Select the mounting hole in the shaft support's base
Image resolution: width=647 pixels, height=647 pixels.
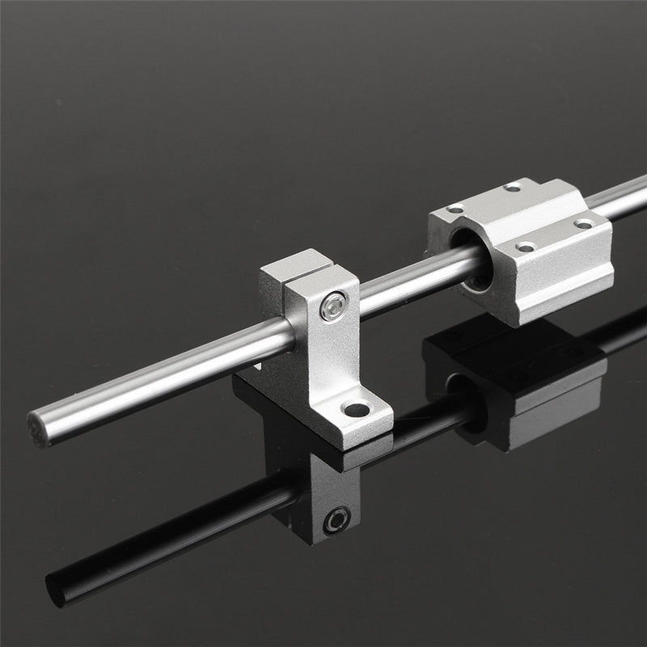pyautogui.click(x=356, y=410)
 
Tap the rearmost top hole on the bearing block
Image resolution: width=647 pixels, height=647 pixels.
pyautogui.click(x=513, y=188)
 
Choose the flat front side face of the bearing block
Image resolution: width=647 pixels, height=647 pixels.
pyautogui.click(x=558, y=275)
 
